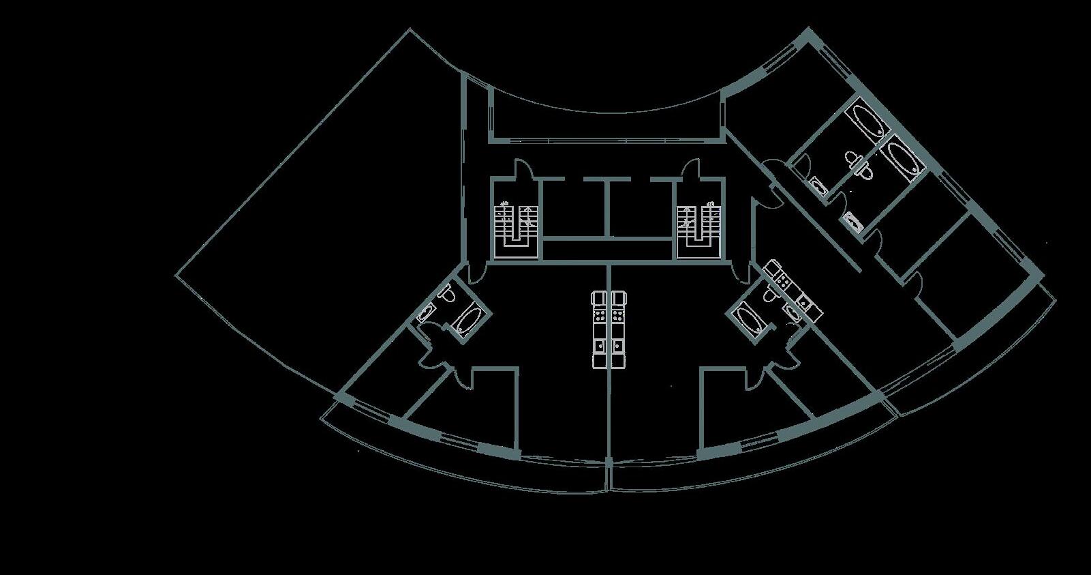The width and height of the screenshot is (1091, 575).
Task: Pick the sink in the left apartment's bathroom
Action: (425, 313)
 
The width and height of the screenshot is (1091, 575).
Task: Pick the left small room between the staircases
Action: (574, 208)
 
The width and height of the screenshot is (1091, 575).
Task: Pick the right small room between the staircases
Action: (639, 208)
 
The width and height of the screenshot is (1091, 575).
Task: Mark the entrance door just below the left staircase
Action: (477, 271)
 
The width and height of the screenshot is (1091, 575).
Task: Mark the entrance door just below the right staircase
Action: (739, 270)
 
